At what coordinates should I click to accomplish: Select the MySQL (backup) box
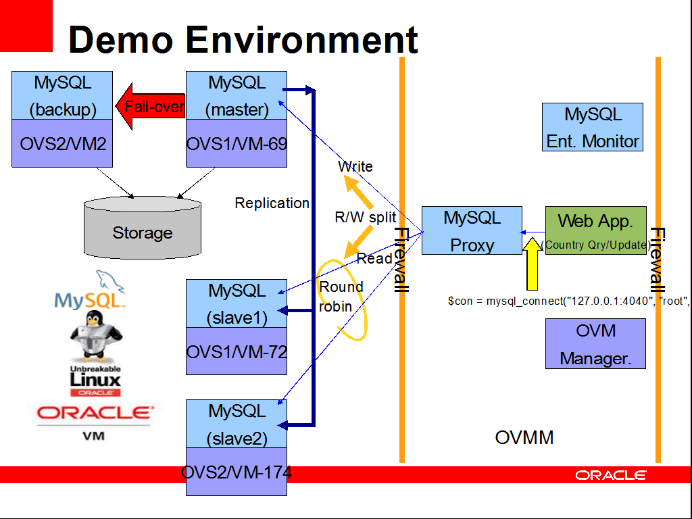(62, 95)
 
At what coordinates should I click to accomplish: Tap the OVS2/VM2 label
(62, 143)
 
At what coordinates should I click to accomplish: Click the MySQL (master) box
(237, 95)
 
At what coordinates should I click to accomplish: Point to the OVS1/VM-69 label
(237, 143)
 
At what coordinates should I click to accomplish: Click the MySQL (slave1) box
(237, 303)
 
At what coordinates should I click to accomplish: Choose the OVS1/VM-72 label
(237, 351)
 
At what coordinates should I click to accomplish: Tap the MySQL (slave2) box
(237, 424)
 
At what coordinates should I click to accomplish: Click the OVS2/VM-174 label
(237, 472)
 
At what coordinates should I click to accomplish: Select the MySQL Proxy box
(472, 230)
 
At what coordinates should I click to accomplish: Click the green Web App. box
(595, 230)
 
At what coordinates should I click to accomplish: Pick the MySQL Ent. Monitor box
(593, 127)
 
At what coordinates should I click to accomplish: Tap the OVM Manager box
(595, 344)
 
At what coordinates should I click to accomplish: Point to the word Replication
(272, 203)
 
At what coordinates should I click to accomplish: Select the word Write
(355, 166)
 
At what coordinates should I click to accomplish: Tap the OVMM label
(524, 437)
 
